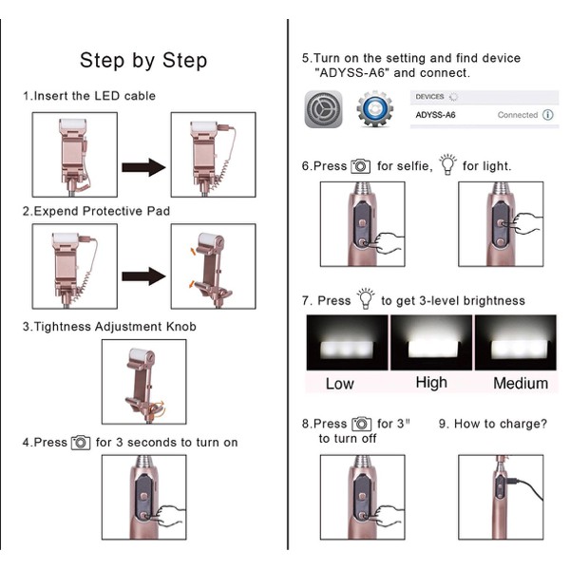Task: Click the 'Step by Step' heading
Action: click(143, 61)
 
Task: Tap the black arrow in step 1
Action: click(144, 167)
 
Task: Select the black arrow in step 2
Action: click(144, 276)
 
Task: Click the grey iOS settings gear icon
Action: click(323, 109)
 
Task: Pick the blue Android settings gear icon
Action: click(375, 108)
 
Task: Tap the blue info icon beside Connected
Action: click(548, 115)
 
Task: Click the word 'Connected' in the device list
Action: click(518, 115)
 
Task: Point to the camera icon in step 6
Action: click(361, 166)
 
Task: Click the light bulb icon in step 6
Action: click(447, 164)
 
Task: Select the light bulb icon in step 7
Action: click(366, 299)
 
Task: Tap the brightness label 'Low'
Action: click(339, 384)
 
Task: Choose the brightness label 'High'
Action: click(431, 383)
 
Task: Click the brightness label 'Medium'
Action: click(521, 384)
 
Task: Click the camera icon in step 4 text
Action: click(81, 443)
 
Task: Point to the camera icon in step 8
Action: click(361, 424)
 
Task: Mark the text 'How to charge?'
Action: click(501, 424)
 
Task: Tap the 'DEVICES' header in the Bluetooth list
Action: click(429, 97)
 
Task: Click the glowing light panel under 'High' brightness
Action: click(432, 349)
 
